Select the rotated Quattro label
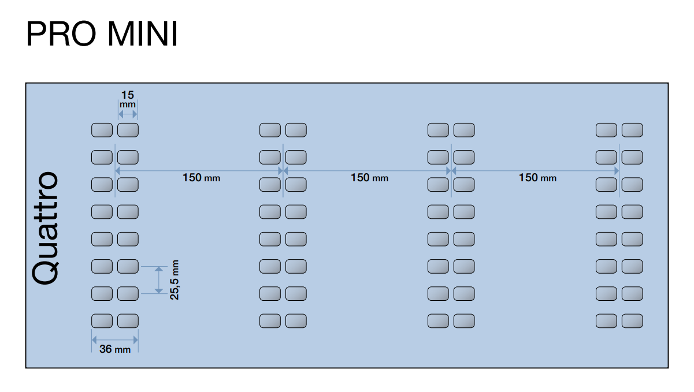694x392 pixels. click(x=46, y=227)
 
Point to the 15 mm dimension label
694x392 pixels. click(x=128, y=99)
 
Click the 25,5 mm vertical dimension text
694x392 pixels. click(x=175, y=280)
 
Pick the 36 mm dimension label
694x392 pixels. click(x=115, y=349)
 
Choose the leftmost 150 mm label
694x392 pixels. click(x=201, y=178)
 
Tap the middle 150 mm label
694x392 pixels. click(x=369, y=178)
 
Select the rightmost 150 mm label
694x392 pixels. click(x=537, y=178)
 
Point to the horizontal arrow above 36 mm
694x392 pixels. click(x=115, y=339)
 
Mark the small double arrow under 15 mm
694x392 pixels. click(x=128, y=115)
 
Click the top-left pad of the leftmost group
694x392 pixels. click(x=102, y=130)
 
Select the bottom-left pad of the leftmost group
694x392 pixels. click(x=102, y=320)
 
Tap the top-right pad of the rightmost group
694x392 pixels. click(x=632, y=130)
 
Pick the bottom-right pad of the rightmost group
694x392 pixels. click(x=632, y=320)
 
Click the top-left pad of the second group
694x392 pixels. click(x=270, y=130)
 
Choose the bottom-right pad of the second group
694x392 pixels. click(x=296, y=320)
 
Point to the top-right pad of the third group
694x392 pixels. click(x=464, y=130)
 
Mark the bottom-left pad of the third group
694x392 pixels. click(x=438, y=320)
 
